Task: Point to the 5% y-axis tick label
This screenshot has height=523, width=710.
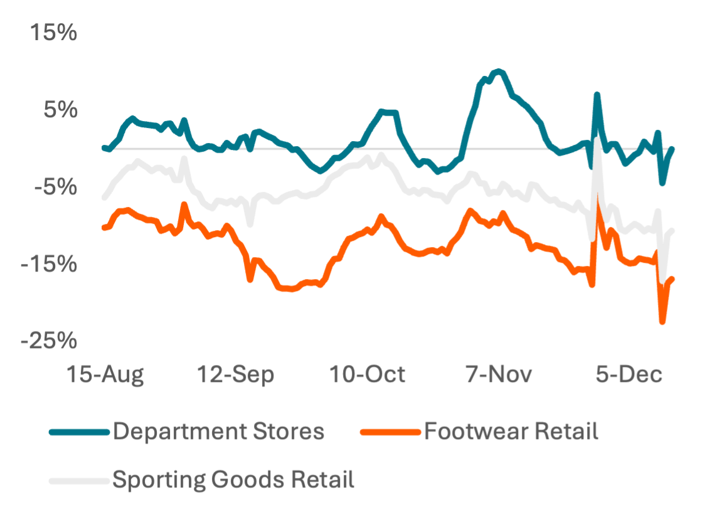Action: pos(60,110)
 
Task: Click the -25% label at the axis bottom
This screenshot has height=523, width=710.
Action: pos(50,341)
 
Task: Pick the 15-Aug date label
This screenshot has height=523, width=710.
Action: pos(105,374)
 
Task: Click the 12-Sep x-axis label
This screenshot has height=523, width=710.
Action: pos(236,374)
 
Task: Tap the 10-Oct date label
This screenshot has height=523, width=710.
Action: pos(368,374)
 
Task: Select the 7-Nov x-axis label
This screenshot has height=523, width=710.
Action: pos(499,374)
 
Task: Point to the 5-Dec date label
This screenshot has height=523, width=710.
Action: pos(629,374)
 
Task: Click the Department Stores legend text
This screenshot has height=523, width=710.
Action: pos(219,431)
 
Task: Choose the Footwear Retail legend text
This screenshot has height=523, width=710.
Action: pos(511,431)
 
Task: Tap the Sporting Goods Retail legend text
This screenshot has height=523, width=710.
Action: pos(234,480)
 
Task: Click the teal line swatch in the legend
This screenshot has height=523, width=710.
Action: pos(79,432)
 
